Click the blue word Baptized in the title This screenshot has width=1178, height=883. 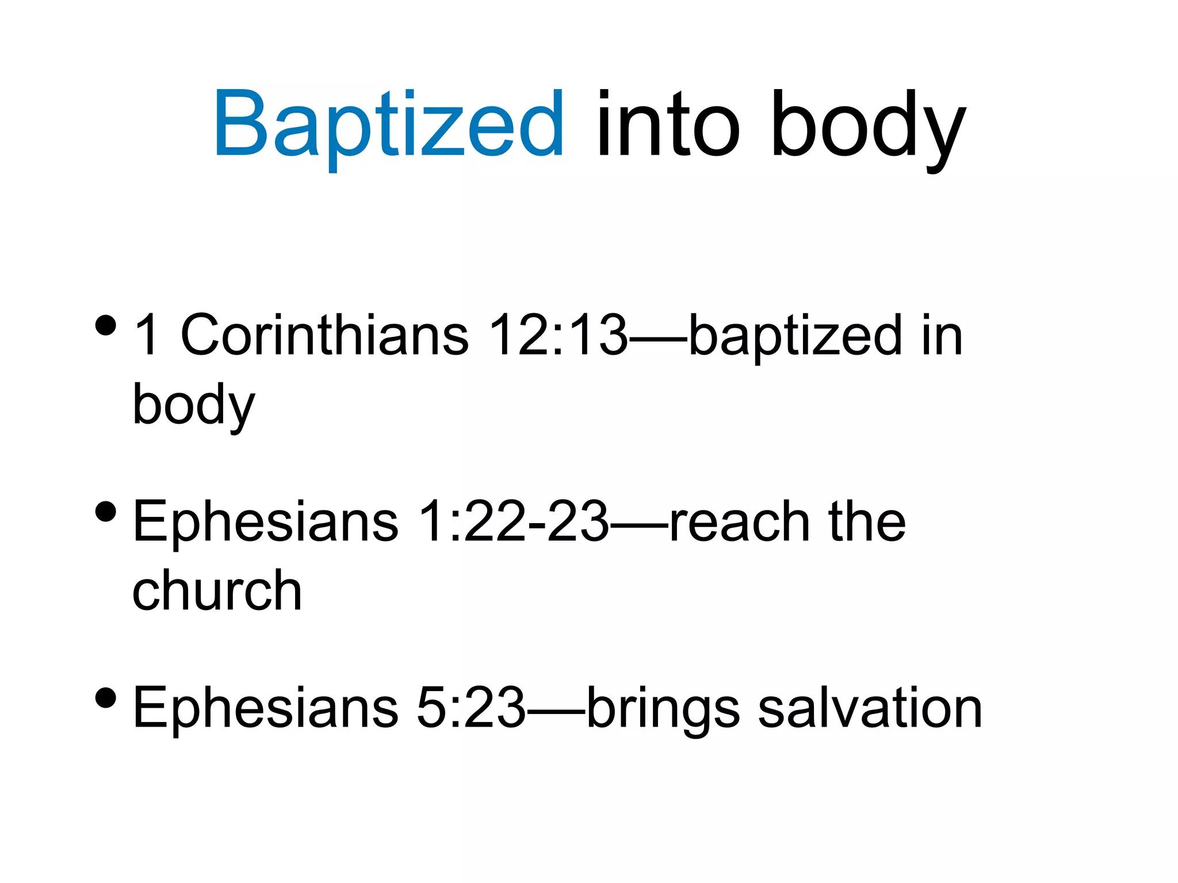tap(389, 124)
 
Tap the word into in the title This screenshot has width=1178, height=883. tap(668, 124)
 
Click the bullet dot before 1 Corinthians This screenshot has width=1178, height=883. tap(106, 325)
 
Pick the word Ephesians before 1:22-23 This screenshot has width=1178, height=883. tap(265, 521)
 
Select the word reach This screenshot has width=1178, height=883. tap(739, 521)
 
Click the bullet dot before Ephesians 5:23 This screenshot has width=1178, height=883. tap(106, 697)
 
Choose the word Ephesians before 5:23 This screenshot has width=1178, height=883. tap(265, 708)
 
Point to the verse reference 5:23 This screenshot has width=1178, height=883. tap(471, 708)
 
